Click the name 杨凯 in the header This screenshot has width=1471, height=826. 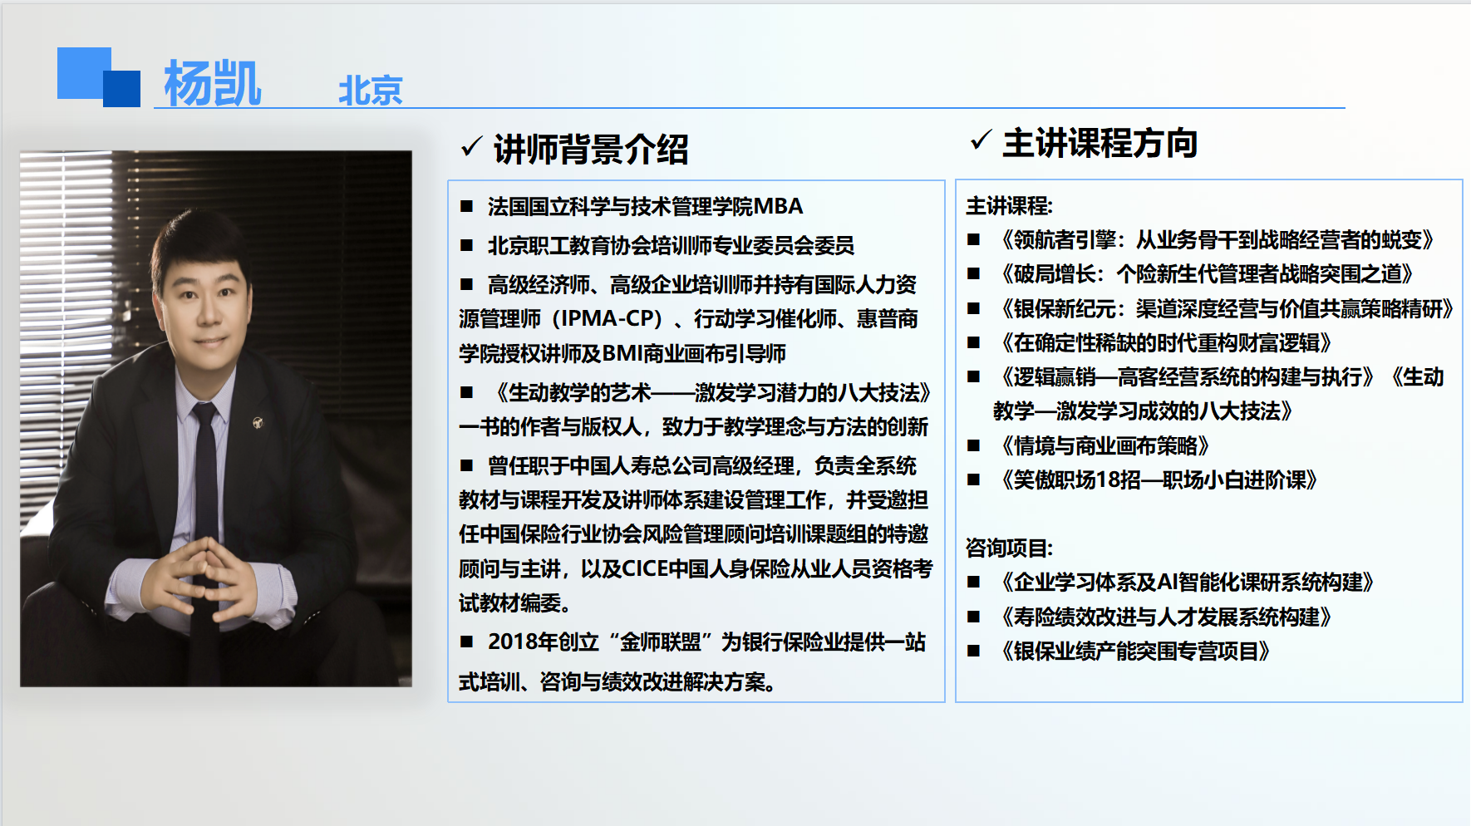click(x=213, y=83)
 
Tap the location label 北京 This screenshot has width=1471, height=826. click(x=371, y=91)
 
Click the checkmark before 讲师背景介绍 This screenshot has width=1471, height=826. click(x=471, y=146)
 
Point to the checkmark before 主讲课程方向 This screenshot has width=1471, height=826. click(x=981, y=140)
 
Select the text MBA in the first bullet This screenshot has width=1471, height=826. click(x=779, y=206)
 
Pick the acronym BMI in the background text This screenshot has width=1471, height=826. click(x=622, y=354)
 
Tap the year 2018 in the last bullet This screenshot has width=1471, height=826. click(x=512, y=642)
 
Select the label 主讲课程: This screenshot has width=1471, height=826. click(x=1009, y=206)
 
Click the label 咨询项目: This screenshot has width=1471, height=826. click(x=1009, y=548)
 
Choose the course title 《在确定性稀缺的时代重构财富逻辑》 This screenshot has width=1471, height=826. click(x=1163, y=343)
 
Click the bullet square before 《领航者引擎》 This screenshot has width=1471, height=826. click(x=973, y=240)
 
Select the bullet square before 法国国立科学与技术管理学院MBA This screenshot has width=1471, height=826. click(x=467, y=206)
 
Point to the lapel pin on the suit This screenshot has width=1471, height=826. click(x=258, y=423)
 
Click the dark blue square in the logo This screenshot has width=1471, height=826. click(x=121, y=89)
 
